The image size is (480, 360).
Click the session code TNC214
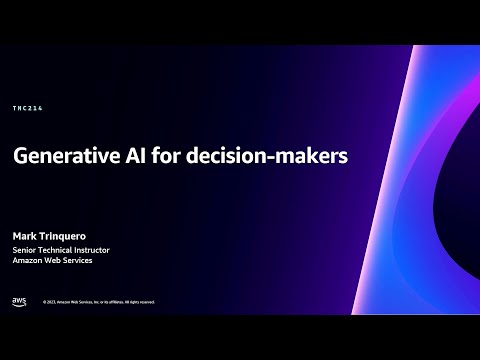(x=26, y=108)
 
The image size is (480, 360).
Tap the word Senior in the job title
(x=25, y=249)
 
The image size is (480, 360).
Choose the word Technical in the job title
(x=59, y=249)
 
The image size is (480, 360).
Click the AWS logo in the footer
(x=19, y=301)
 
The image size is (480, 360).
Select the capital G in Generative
(x=20, y=158)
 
